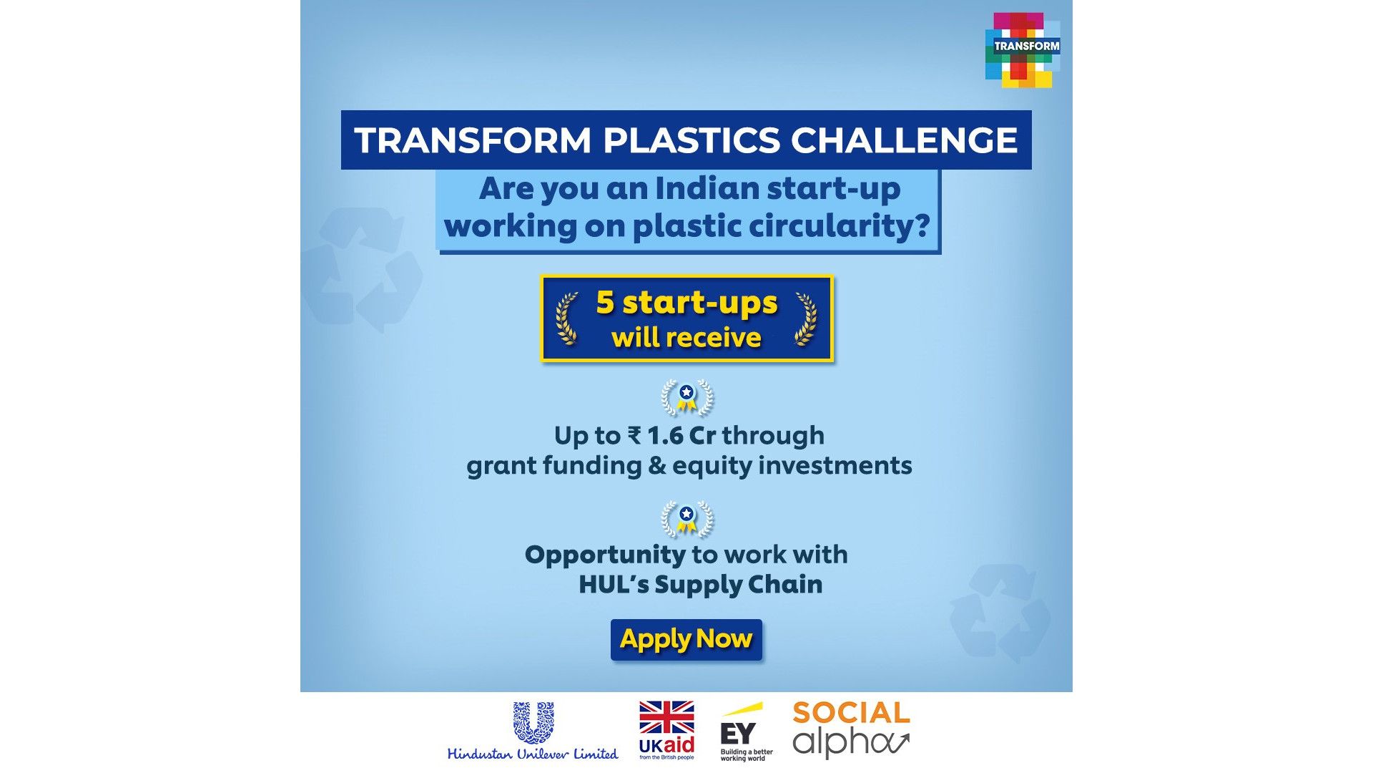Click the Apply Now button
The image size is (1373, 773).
686,639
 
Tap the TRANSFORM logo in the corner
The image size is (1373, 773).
1022,49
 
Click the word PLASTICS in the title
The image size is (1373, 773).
692,140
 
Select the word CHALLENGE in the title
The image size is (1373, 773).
904,140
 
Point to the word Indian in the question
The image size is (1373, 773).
707,189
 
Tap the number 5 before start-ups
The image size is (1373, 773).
605,302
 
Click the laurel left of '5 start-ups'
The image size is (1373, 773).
567,319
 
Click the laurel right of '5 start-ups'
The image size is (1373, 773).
806,319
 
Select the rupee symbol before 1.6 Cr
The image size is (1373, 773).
634,435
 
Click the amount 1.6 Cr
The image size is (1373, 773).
681,435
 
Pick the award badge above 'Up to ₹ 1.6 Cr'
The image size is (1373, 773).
686,398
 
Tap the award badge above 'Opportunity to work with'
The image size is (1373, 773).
686,520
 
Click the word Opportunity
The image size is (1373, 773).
605,555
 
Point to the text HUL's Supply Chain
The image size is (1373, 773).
700,585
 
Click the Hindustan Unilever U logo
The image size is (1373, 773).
533,723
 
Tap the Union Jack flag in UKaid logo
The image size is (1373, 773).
666,718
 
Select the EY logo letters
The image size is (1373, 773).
737,734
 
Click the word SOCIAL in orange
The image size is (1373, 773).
851,713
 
